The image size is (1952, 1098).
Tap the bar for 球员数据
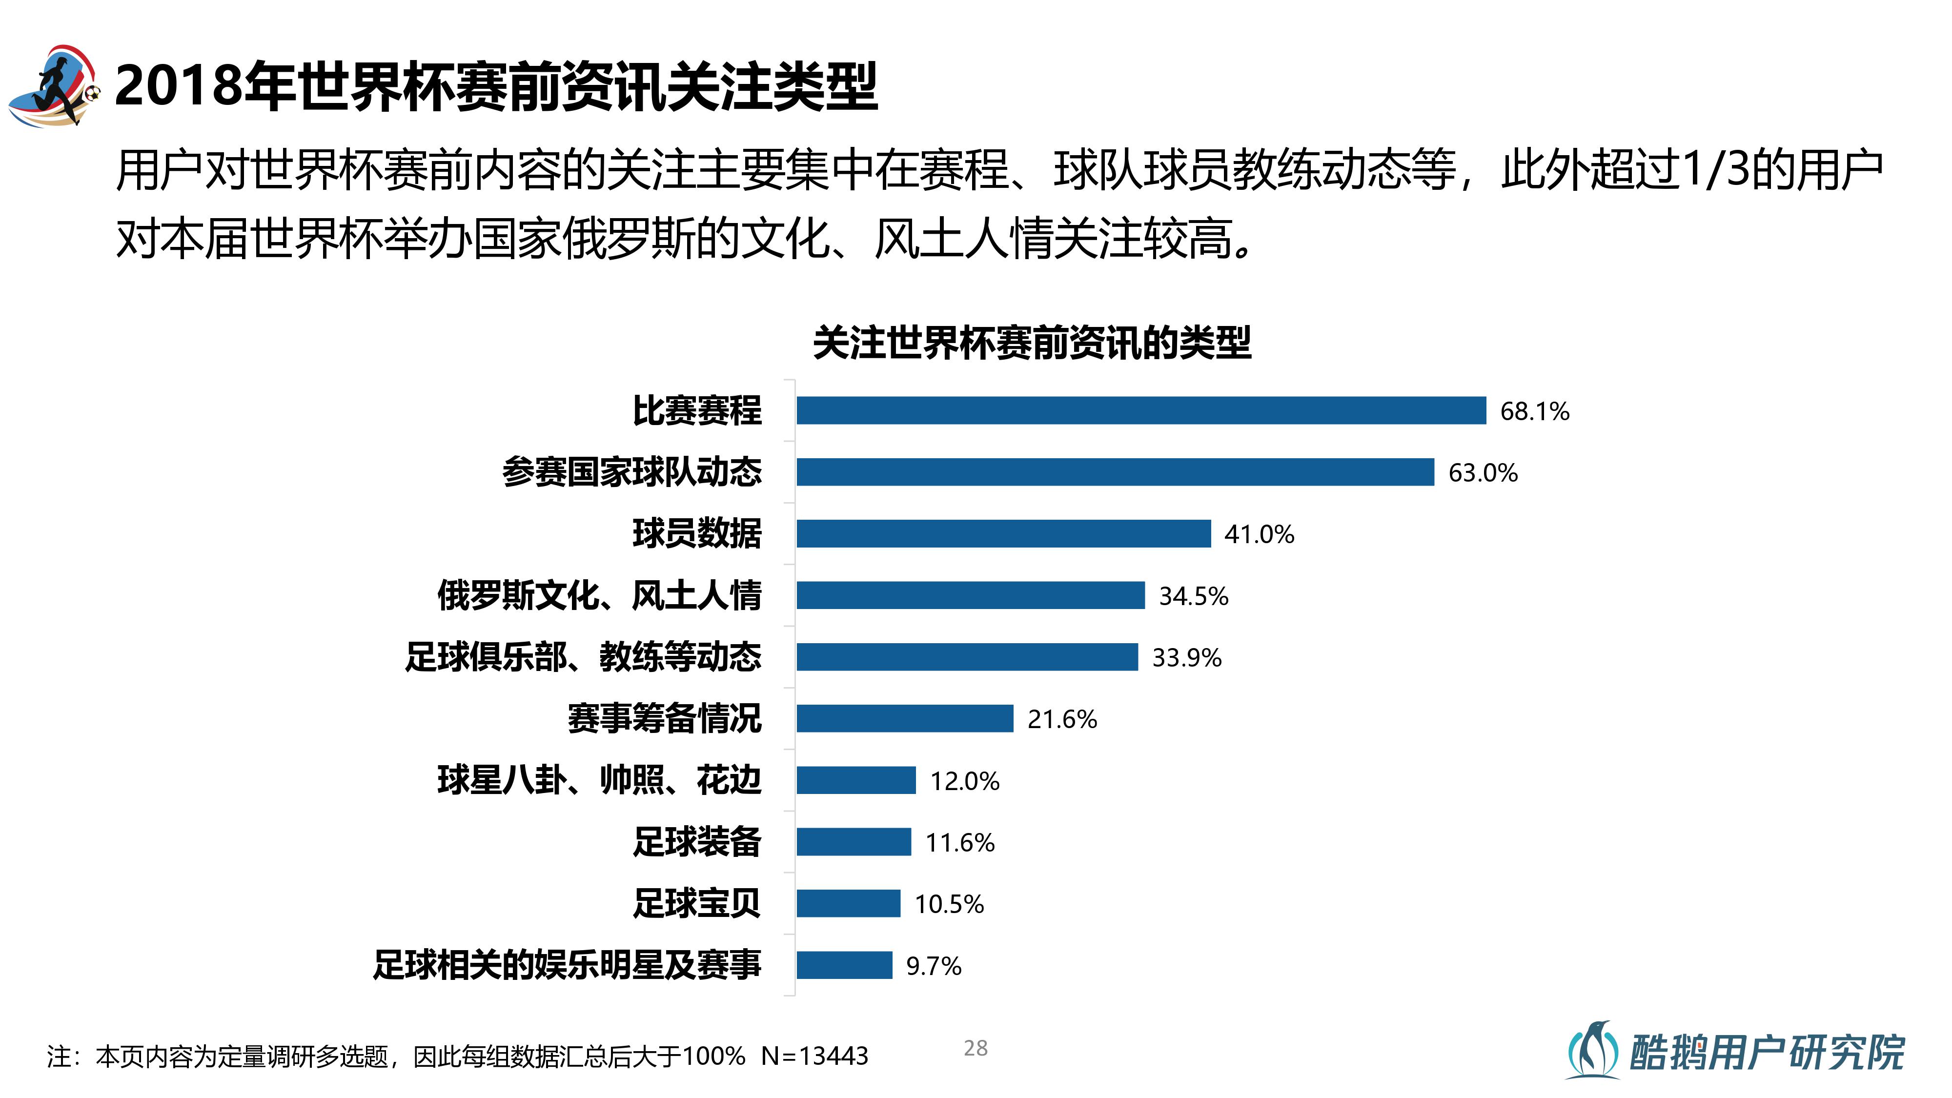(x=1003, y=533)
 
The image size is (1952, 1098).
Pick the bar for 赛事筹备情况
(x=905, y=718)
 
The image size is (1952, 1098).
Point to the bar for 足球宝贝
(x=848, y=903)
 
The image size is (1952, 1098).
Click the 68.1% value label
(x=1534, y=411)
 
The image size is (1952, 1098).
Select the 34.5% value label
(x=1194, y=596)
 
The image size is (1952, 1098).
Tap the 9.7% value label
(x=934, y=966)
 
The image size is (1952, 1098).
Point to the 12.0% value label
(x=965, y=781)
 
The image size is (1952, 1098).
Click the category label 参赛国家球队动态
(x=632, y=472)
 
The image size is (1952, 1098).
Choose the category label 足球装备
(x=697, y=842)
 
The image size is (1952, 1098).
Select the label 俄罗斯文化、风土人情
(x=599, y=595)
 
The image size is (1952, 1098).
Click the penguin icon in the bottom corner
(x=1592, y=1050)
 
